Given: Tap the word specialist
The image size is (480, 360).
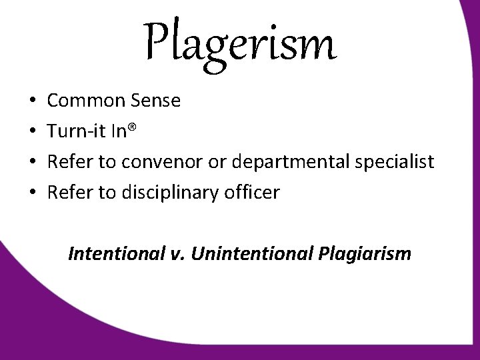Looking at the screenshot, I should point(402,163).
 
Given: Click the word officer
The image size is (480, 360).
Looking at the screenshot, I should point(256,193).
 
